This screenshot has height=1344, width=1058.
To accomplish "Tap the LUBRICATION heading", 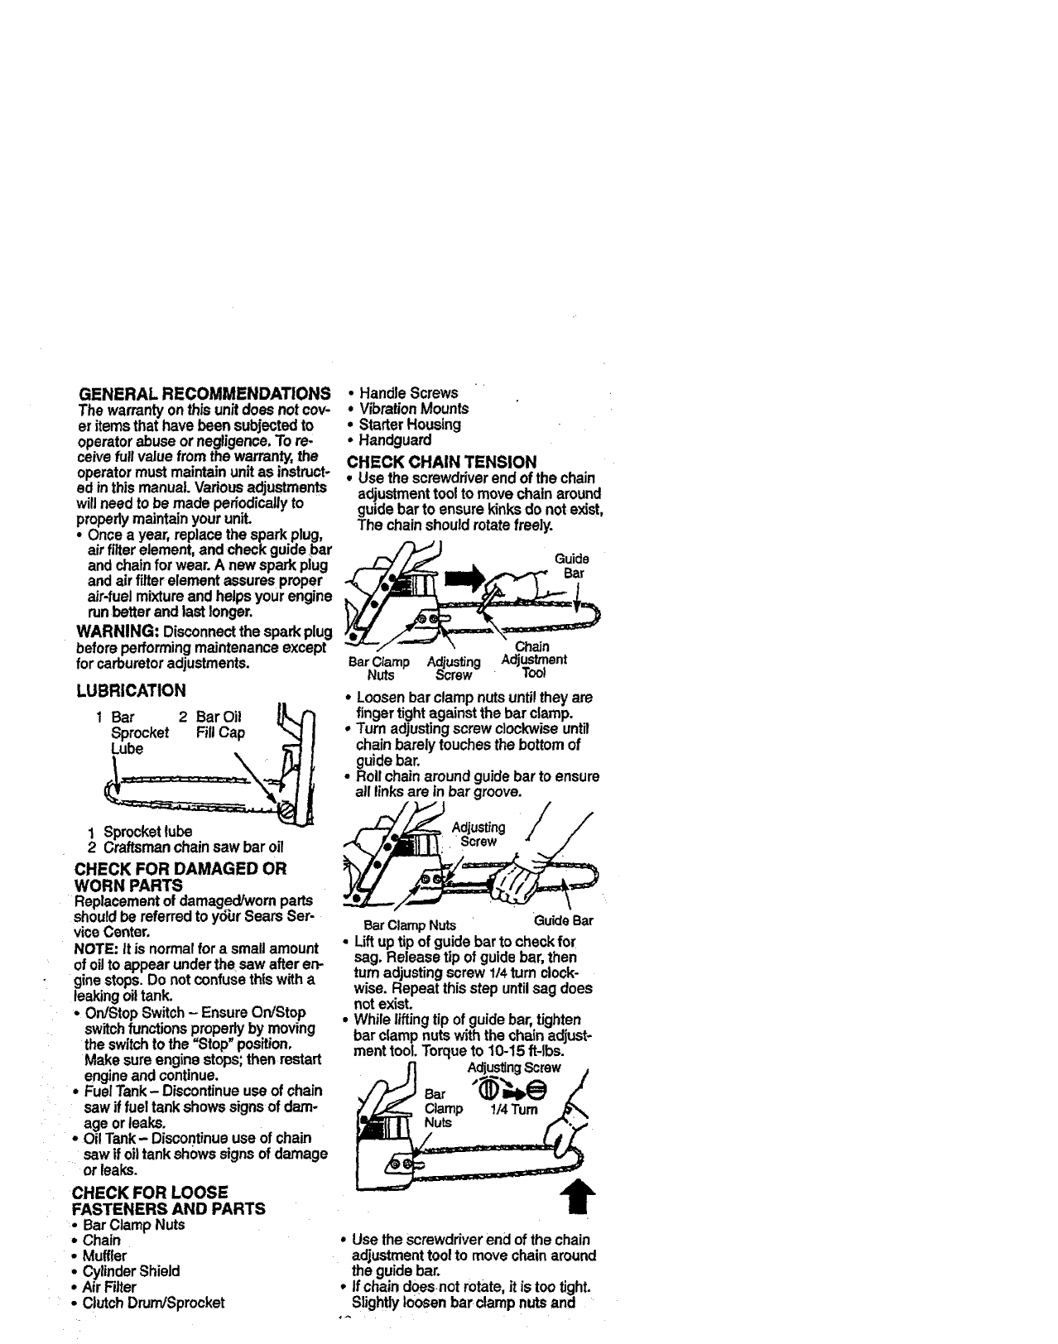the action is click(x=130, y=690).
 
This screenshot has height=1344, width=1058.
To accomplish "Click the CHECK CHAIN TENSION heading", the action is click(x=442, y=461).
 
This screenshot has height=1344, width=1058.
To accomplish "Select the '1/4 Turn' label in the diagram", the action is click(x=516, y=1109).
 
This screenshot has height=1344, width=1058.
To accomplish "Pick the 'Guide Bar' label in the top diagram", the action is click(x=573, y=566).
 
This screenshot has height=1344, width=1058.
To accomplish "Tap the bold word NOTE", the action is click(x=94, y=948).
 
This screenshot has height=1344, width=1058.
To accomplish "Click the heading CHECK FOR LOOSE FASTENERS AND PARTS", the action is click(x=169, y=1200).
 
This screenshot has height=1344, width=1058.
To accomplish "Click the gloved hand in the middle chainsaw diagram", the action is click(x=517, y=876).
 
